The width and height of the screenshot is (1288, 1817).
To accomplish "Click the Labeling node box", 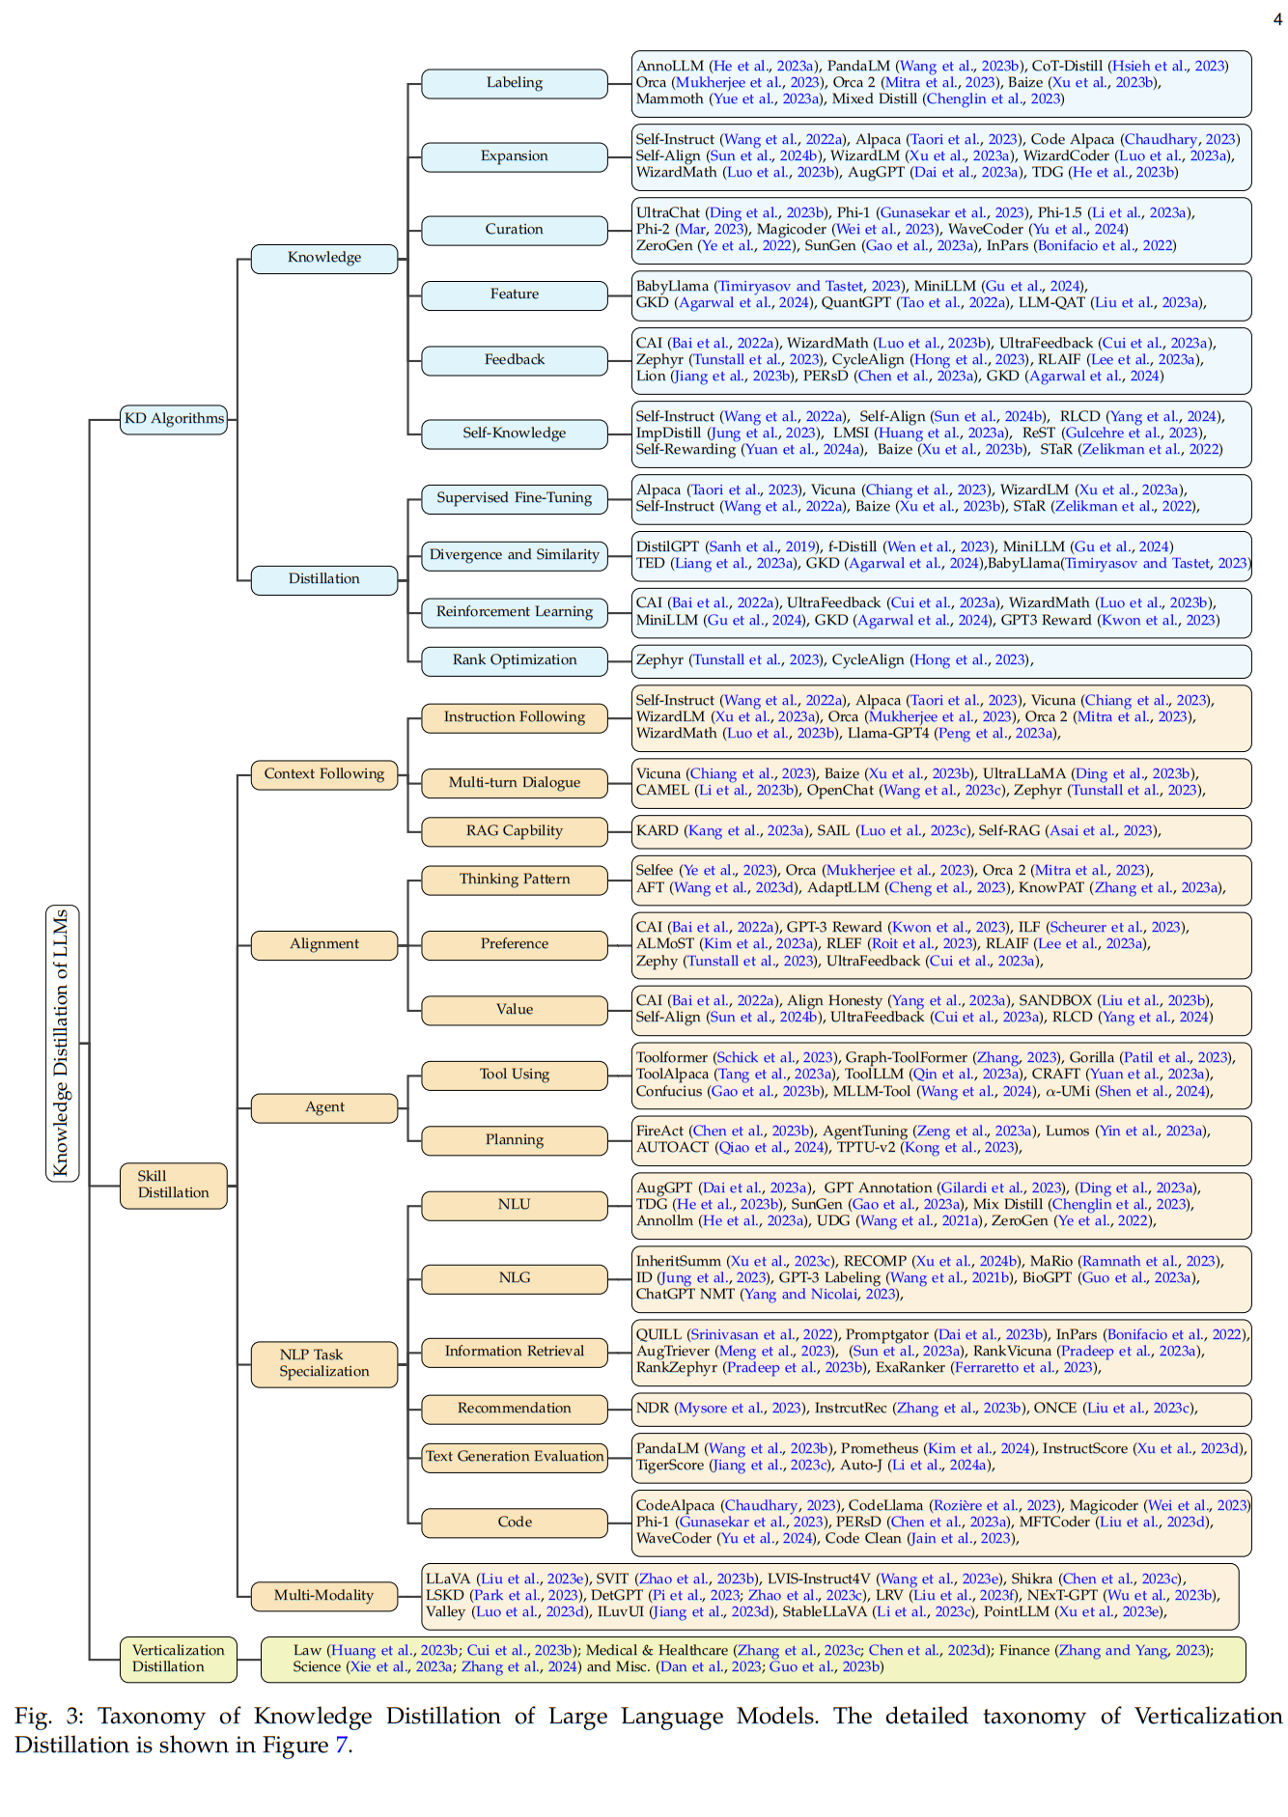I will pos(514,83).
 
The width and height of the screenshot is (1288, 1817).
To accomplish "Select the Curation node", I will pos(514,230).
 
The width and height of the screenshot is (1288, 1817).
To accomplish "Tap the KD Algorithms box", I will pos(174,419).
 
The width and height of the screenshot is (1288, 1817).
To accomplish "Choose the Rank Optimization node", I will pos(514,660).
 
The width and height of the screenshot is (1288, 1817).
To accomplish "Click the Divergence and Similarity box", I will pos(514,555).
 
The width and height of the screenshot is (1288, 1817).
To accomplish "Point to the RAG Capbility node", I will pos(514,831).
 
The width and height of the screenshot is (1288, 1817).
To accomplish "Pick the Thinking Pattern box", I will pos(514,880).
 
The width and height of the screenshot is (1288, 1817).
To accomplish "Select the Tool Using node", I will pos(514,1075).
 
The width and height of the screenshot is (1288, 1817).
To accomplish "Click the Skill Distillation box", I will pos(174,1185).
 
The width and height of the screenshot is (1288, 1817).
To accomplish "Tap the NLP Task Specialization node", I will pos(324,1363).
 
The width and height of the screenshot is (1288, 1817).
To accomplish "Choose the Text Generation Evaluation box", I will pos(514,1457).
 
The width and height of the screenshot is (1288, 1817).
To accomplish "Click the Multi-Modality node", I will pos(324,1596).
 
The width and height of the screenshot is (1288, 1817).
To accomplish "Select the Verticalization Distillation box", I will pos(178,1659).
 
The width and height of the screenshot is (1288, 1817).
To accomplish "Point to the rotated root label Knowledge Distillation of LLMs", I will pos(62,1043).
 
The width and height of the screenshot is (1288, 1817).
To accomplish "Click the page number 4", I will pos(1277,19).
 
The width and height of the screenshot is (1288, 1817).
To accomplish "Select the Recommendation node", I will pos(514,1409).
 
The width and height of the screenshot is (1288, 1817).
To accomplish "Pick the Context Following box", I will pos(324,774).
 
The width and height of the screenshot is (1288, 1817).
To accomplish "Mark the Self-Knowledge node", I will pos(514,433).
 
